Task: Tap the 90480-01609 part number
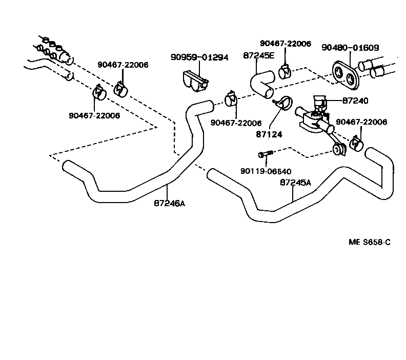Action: [350, 48]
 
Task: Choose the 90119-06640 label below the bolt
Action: [266, 171]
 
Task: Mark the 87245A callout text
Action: [296, 182]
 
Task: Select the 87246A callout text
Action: [169, 203]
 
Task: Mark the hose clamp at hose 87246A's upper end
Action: [230, 98]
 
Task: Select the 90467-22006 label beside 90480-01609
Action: [285, 44]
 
